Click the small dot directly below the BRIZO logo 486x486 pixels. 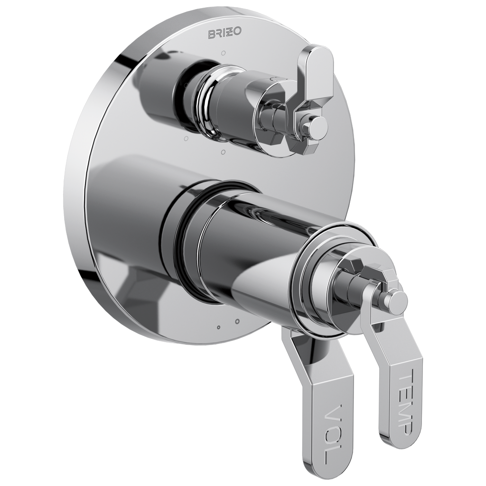[x=224, y=53]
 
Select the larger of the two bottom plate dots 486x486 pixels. [x=237, y=321]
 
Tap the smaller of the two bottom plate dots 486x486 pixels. [x=219, y=327]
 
